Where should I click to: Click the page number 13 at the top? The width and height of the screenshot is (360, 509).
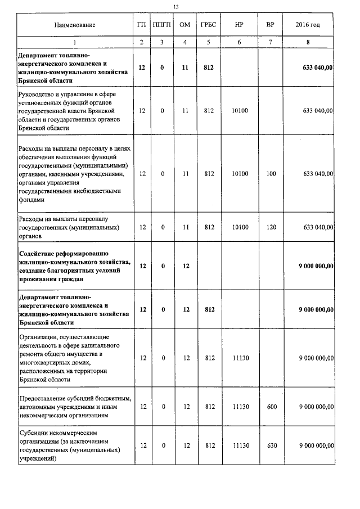(x=176, y=6)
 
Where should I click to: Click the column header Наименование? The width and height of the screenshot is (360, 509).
(x=74, y=25)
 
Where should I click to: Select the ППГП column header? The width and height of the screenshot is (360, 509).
(x=162, y=25)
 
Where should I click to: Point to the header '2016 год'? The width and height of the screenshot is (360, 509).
(x=308, y=25)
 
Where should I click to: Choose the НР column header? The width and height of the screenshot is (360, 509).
(x=240, y=25)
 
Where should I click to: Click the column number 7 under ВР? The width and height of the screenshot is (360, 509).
(x=271, y=42)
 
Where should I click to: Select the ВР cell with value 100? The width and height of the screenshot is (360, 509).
(x=271, y=174)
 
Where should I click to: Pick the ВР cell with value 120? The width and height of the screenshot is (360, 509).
(x=271, y=227)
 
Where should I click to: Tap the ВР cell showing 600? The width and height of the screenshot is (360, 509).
(x=271, y=406)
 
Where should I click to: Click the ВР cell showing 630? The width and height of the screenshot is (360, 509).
(x=271, y=445)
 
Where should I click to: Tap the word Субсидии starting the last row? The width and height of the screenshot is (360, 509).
(x=34, y=433)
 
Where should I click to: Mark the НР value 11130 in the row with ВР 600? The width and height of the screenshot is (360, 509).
(x=240, y=406)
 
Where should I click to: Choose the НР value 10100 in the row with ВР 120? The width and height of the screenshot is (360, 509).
(x=240, y=227)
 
